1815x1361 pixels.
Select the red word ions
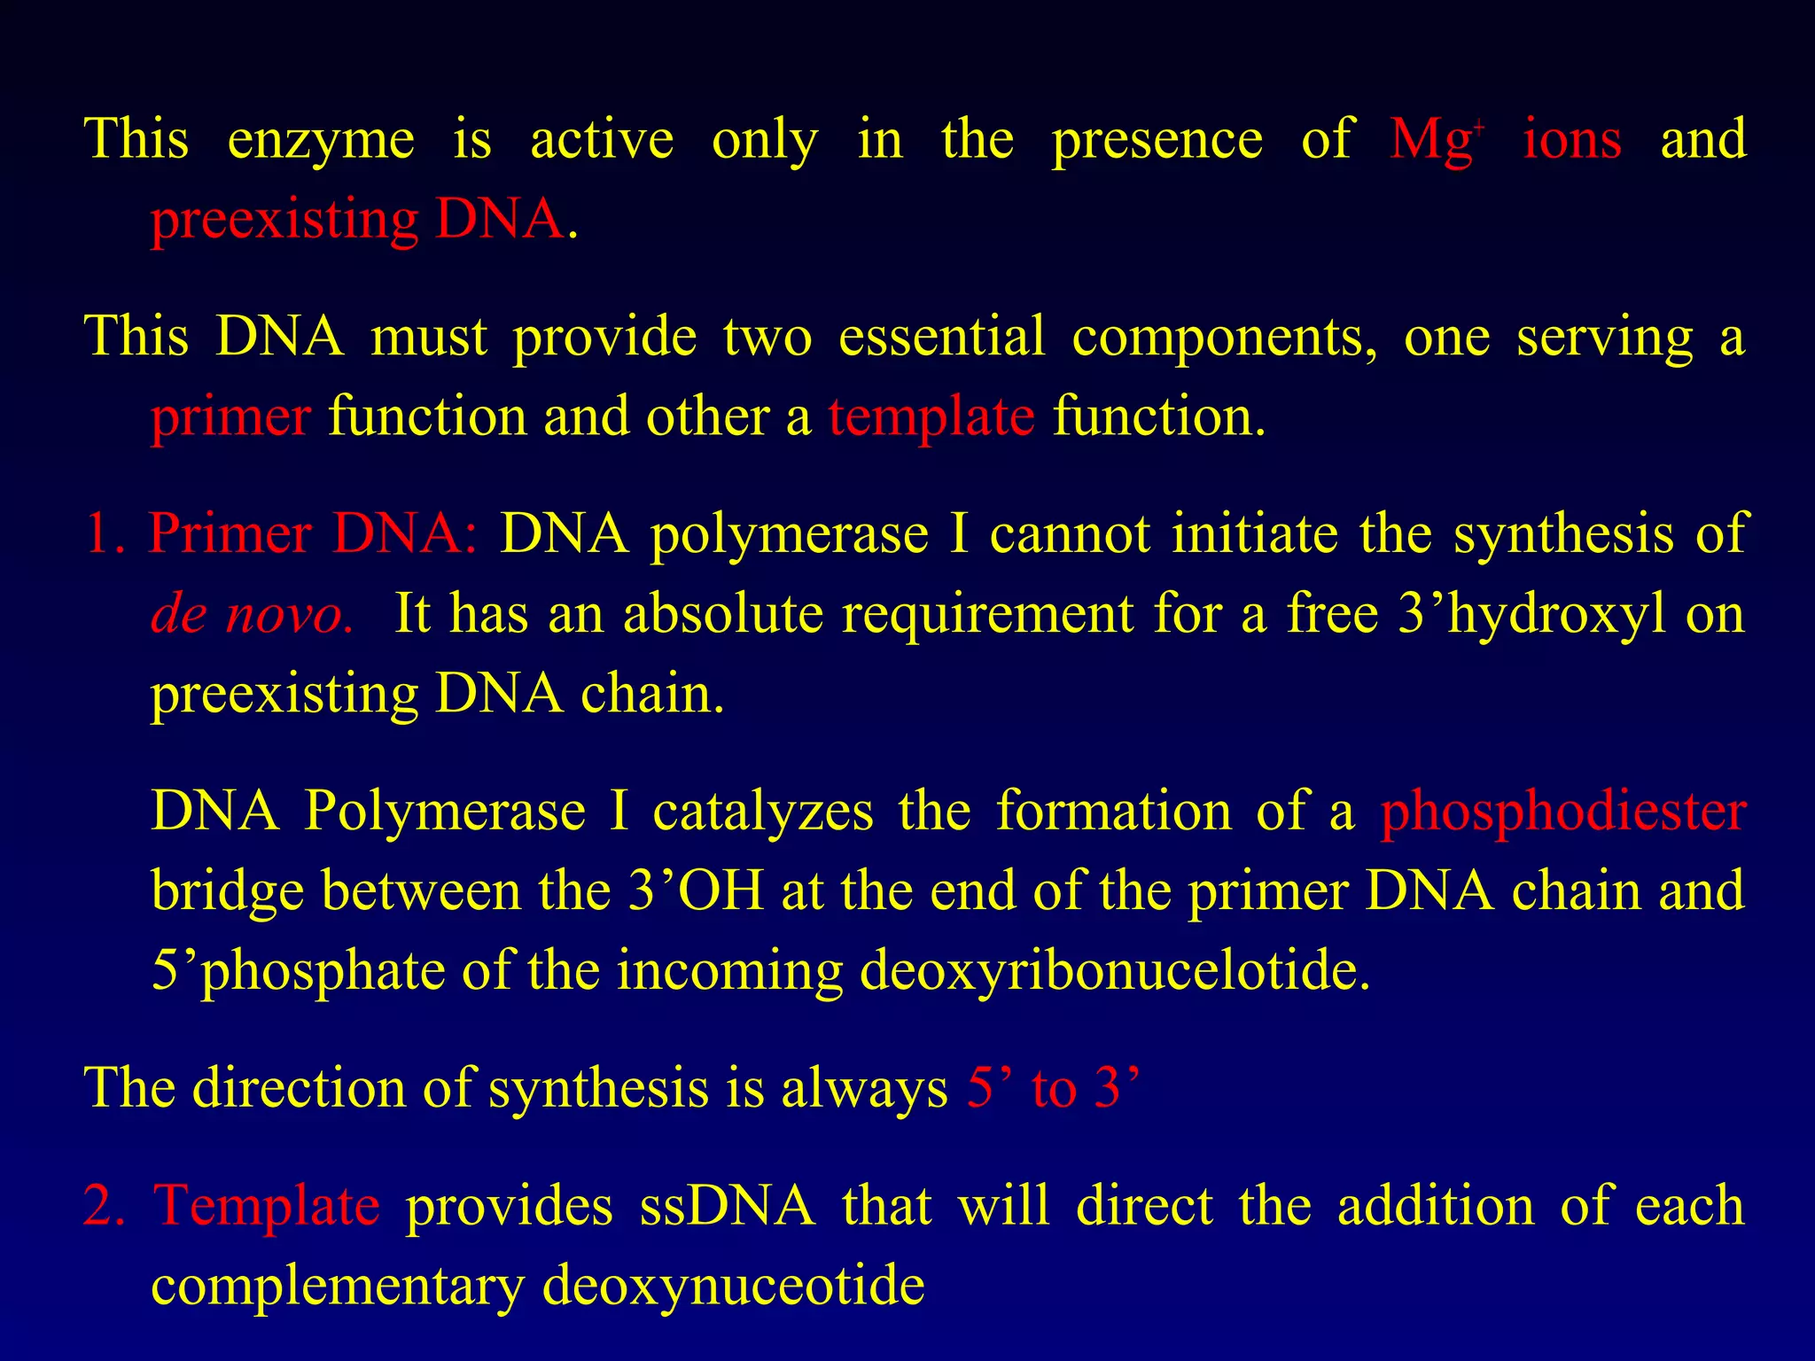1572,140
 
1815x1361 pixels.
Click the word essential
942,338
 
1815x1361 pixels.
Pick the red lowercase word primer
230,418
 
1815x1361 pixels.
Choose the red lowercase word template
931,418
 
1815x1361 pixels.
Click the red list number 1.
105,535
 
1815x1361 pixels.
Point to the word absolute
723,614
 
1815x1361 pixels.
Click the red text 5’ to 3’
1053,1088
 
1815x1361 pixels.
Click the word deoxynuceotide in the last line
733,1287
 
